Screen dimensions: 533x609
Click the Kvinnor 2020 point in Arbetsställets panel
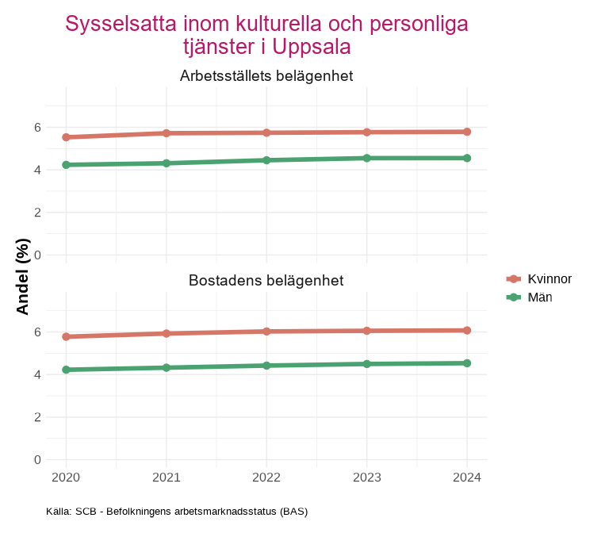[66, 137]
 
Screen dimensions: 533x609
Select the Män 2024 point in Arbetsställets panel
[467, 158]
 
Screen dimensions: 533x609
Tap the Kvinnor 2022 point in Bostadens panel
[266, 332]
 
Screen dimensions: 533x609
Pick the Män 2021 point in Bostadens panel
[167, 368]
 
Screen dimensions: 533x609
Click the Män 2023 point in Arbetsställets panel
[367, 158]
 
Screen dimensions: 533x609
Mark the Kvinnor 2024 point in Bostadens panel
[467, 330]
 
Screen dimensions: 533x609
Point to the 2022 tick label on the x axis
[266, 477]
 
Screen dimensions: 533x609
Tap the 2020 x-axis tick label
[66, 477]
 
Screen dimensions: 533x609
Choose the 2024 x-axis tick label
[467, 477]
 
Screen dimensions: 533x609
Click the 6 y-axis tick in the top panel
[37, 127]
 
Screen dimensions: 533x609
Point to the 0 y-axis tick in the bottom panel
[37, 460]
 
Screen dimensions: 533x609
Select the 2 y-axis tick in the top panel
[37, 213]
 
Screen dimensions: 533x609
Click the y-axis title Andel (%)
[23, 276]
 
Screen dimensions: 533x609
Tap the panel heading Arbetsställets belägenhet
[266, 77]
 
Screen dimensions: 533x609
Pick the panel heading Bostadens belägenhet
[266, 281]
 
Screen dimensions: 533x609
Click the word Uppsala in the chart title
[311, 47]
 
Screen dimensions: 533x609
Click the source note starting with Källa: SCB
[178, 512]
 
